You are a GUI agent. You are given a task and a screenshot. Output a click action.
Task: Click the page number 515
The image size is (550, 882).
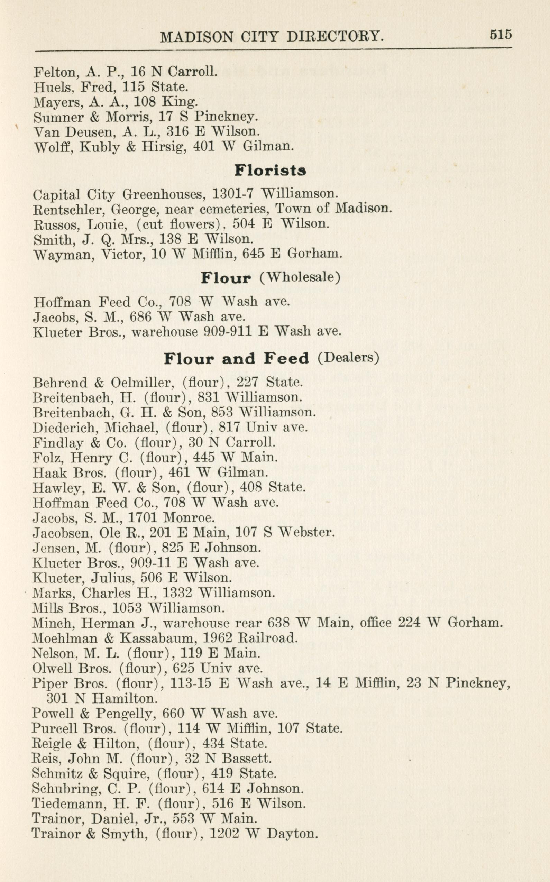(x=501, y=35)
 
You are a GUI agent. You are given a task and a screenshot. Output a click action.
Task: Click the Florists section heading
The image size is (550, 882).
(x=270, y=170)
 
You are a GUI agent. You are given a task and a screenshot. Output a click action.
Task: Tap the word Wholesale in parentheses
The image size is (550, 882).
(x=300, y=277)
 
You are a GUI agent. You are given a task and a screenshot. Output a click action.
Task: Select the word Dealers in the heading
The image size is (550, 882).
(x=348, y=358)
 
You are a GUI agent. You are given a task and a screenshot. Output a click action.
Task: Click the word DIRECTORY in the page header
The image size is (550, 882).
(x=334, y=36)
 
